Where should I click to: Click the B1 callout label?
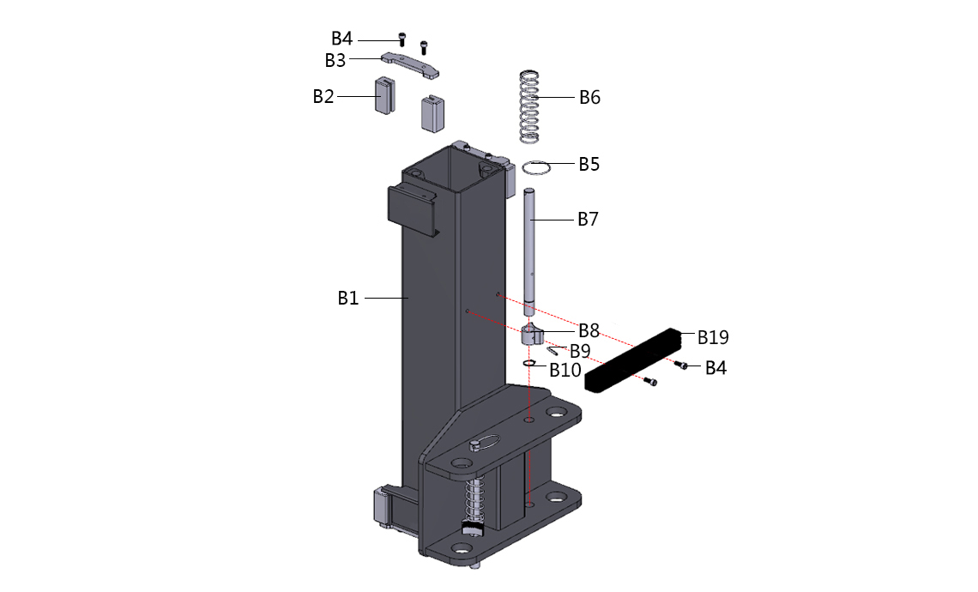coord(348,299)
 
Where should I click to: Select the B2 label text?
coord(323,97)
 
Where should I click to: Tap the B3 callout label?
coord(335,61)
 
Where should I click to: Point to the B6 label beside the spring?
coord(589,97)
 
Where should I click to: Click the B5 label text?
coord(589,164)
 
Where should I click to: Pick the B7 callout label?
coord(588,219)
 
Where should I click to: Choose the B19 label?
coord(713,337)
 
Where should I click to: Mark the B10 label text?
coord(565,371)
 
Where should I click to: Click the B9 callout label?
coord(580,351)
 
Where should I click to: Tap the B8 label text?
coord(589,330)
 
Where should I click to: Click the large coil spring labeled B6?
coord(529,106)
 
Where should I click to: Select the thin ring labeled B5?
coord(536,168)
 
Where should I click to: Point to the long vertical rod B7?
coord(529,252)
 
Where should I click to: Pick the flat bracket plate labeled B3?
coord(410,65)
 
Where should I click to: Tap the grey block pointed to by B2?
coord(385,95)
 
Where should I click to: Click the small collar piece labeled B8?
coord(532,335)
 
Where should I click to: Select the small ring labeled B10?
coord(530,364)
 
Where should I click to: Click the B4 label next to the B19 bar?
coord(715,369)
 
